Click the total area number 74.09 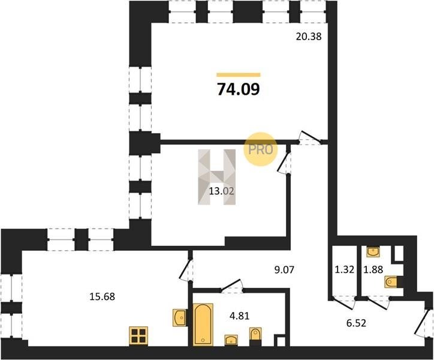point(239,89)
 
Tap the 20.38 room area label point(309,37)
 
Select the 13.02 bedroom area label point(222,191)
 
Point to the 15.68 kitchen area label point(102,297)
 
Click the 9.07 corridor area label point(284,269)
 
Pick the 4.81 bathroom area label point(239,316)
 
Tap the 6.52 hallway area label point(356,323)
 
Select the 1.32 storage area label point(345,269)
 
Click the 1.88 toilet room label point(373,269)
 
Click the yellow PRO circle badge point(260,149)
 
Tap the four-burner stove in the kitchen point(138,335)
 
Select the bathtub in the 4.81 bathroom point(203,325)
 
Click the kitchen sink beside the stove point(179,317)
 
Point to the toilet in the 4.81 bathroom point(255,336)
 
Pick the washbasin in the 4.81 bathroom point(231,340)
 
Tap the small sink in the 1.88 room point(373,251)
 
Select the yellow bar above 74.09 point(239,74)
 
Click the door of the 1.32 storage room point(343,302)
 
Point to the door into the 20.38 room point(310,138)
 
